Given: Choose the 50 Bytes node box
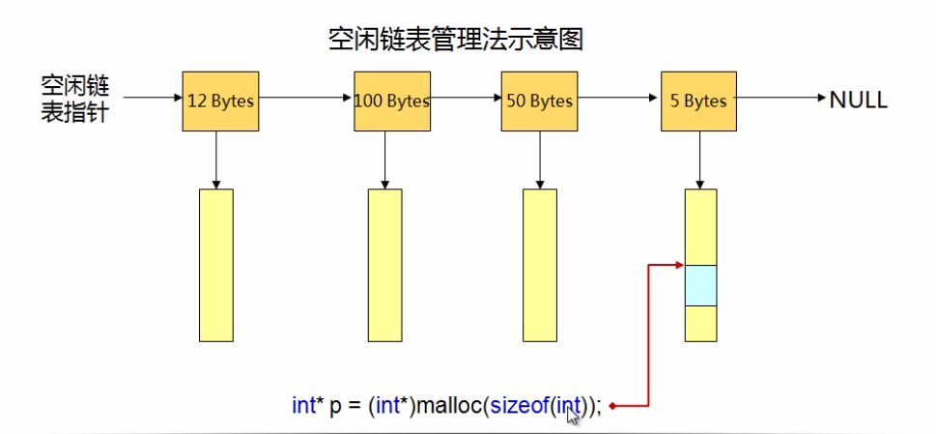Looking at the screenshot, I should point(538,100).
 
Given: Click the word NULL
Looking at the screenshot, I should point(858,100).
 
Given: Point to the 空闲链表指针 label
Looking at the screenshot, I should point(74,100).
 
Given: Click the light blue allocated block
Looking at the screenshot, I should point(700,285).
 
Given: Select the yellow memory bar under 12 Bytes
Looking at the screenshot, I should point(215,264).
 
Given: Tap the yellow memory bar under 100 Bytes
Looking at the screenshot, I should point(384,264).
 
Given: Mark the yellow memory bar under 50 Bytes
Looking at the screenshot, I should point(539,264).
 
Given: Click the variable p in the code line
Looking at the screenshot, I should point(334,408).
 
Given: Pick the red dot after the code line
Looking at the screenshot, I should point(612,407).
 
